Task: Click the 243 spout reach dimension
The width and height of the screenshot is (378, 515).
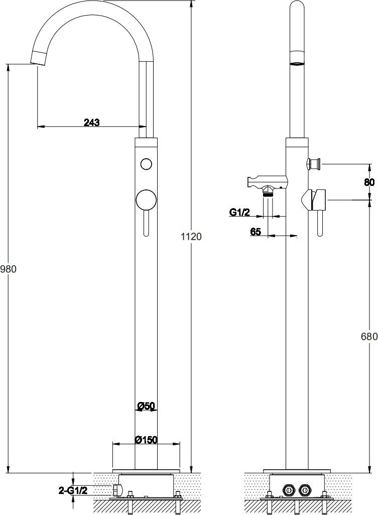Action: click(x=91, y=123)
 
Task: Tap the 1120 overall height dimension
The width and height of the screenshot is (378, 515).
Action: click(x=191, y=236)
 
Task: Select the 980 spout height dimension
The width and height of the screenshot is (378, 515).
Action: click(x=8, y=269)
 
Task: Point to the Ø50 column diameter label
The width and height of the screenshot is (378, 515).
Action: click(x=146, y=406)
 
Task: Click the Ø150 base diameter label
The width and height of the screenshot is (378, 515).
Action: click(x=147, y=440)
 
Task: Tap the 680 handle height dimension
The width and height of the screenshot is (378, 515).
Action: click(x=369, y=336)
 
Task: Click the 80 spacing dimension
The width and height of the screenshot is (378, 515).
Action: click(x=369, y=182)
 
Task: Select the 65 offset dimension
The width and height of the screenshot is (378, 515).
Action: click(x=256, y=232)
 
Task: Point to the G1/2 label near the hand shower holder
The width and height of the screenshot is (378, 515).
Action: click(x=239, y=212)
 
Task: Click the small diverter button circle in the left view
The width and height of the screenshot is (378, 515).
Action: click(x=146, y=163)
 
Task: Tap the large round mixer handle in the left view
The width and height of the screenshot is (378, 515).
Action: click(x=146, y=200)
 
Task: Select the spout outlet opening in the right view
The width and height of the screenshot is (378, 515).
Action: click(x=297, y=63)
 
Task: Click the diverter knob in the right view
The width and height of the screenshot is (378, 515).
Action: click(x=314, y=163)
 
